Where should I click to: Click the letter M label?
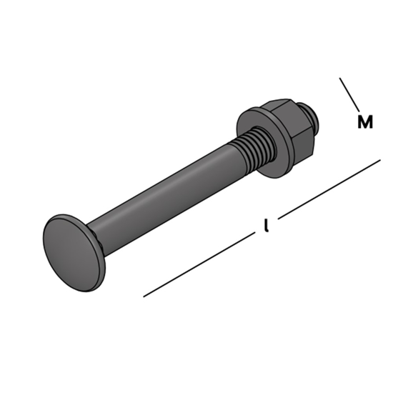coord(365,122)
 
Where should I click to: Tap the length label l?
coord(266,227)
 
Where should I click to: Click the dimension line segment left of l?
coord(200,264)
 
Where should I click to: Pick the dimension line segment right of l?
coord(329,187)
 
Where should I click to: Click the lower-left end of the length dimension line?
coord(145,295)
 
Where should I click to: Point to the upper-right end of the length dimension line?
coord(379,159)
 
